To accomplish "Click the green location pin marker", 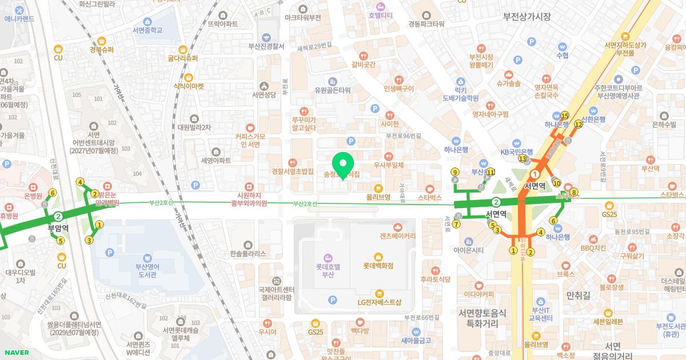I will coord(343,165).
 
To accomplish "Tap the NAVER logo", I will coord(16,353).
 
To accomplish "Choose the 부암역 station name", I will coord(58,227).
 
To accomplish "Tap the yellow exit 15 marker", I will coord(565,115).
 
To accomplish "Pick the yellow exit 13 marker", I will coord(522,158).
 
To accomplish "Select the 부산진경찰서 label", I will coord(266,46).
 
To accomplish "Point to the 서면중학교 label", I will coord(147,30).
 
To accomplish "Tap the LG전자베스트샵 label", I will coord(380,302).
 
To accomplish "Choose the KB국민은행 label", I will coord(517,151).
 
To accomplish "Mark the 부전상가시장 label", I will coord(527,17).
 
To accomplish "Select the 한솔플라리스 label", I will coord(248,253).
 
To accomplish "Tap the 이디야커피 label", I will coord(479,294).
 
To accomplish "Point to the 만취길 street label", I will coord(577,295).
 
